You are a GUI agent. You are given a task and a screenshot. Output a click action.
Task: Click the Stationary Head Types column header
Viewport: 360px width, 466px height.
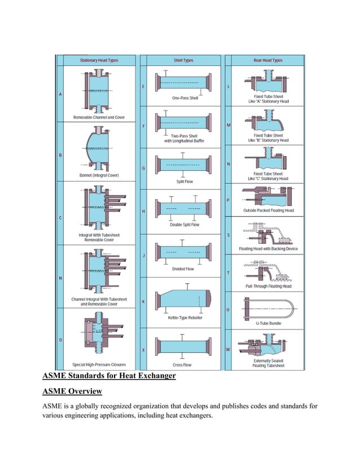99,60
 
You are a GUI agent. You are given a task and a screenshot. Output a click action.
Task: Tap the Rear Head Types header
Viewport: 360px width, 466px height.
265,60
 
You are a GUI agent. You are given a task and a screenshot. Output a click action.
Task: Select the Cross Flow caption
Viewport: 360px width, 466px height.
182,365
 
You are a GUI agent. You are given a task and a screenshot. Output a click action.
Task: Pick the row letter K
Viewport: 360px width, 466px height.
143,301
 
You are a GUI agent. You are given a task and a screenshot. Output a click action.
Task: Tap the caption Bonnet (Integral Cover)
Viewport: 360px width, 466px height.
99,175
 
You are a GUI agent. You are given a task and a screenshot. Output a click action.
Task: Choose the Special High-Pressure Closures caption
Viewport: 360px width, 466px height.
99,364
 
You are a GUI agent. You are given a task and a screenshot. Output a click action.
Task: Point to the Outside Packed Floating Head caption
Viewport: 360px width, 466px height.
268,210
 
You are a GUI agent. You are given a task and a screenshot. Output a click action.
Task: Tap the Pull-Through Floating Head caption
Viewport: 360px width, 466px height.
268,286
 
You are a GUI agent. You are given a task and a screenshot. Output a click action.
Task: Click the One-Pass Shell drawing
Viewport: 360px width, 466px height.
182,83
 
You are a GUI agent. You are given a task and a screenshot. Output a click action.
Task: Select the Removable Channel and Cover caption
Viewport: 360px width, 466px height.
99,117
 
